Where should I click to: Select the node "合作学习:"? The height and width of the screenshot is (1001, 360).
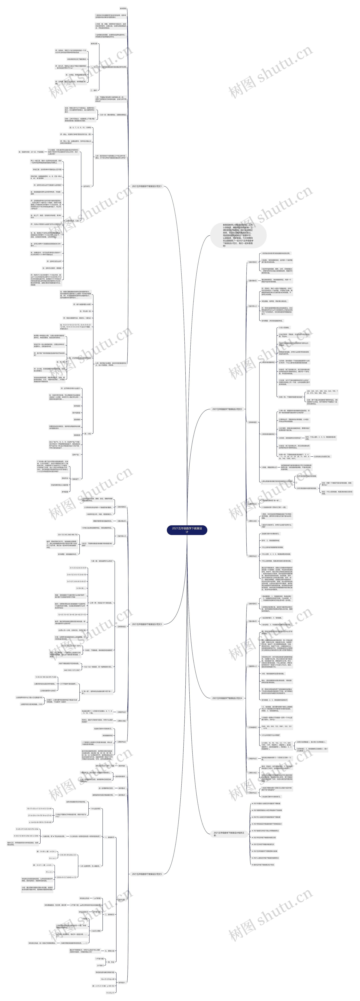pyautogui.click(x=86, y=186)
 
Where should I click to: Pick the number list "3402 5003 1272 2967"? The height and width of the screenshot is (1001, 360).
pyautogui.click(x=72, y=670)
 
